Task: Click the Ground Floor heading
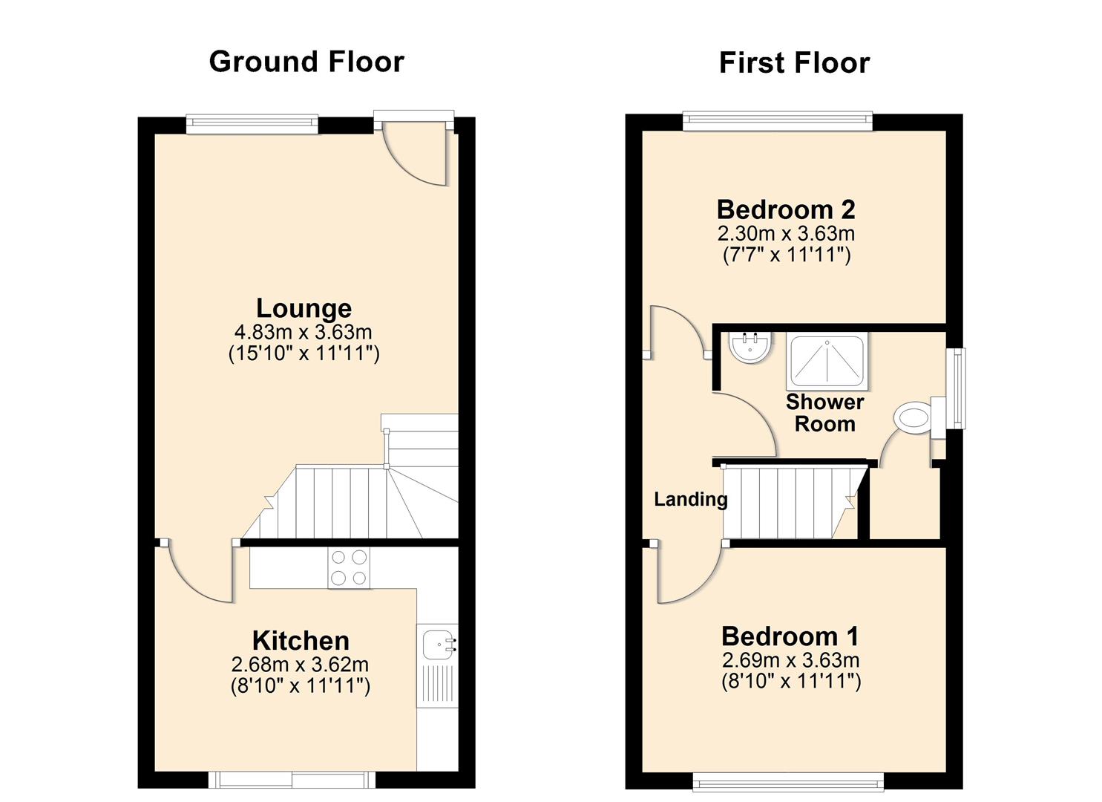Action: (306, 62)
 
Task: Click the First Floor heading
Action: (793, 63)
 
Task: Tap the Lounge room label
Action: (304, 307)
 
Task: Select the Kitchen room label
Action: (301, 640)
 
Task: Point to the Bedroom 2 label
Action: (786, 209)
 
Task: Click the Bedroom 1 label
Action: (790, 636)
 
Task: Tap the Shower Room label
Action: (824, 413)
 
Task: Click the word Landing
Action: (690, 499)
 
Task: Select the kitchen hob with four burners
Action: (349, 568)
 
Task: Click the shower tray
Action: (827, 361)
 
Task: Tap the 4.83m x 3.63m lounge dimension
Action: (304, 331)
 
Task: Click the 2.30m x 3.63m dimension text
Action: (786, 234)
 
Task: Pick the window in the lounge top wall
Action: (252, 124)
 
